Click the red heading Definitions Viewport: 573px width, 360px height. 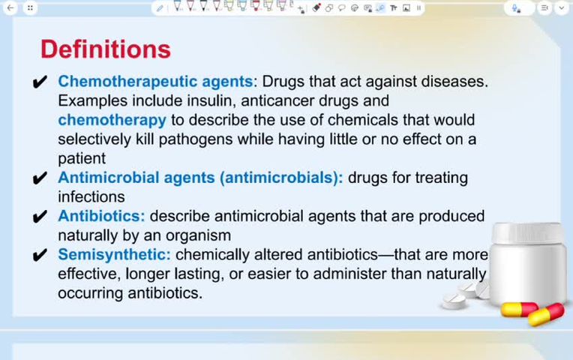(x=105, y=49)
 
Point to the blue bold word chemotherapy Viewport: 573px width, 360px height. (x=112, y=120)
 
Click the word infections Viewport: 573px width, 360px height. (x=91, y=196)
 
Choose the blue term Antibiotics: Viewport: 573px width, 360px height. (x=101, y=216)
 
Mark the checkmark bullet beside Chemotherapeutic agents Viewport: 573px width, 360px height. (x=41, y=82)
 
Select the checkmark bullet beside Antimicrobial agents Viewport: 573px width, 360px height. (x=41, y=178)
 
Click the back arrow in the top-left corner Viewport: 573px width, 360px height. (x=10, y=7)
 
